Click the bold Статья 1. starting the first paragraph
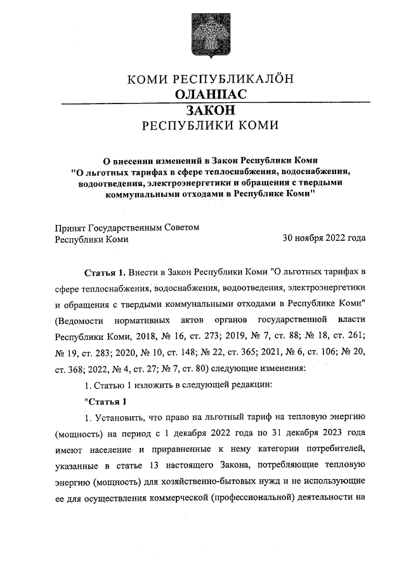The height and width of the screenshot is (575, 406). pyautogui.click(x=104, y=273)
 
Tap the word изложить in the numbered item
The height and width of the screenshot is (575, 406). pyautogui.click(x=147, y=385)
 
